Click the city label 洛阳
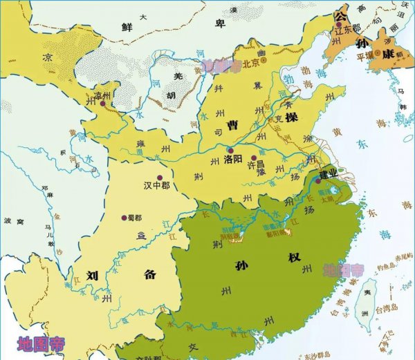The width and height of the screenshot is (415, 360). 234,158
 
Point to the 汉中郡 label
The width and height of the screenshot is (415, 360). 157,186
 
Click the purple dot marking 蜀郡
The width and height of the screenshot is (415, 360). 124,216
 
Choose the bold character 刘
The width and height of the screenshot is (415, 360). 91,273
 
